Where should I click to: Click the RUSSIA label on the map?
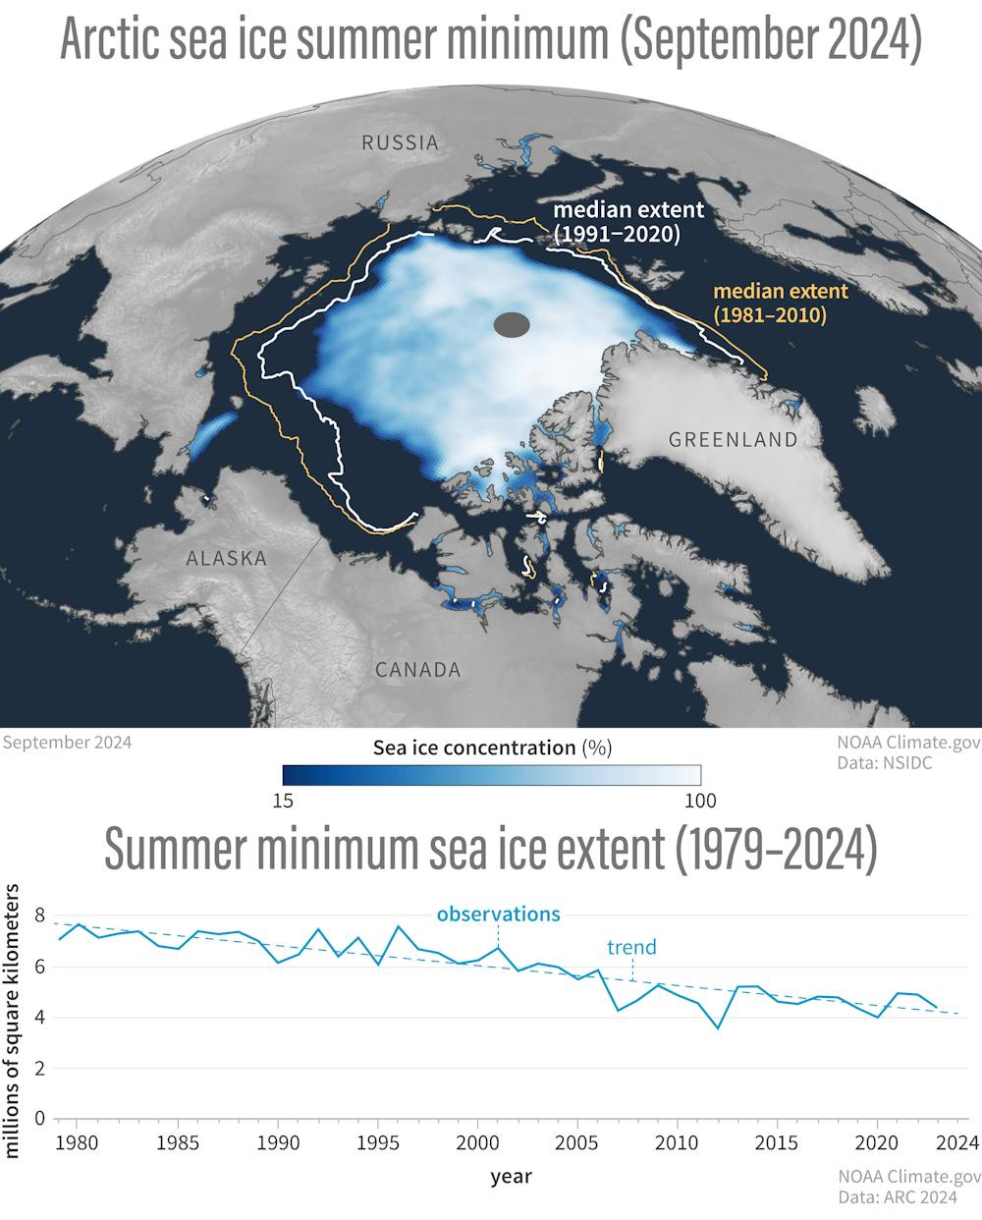[400, 142]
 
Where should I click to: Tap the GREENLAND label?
[733, 440]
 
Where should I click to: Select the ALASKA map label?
[227, 559]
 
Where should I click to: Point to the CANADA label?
[417, 670]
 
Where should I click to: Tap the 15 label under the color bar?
[283, 800]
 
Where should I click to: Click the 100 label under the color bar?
[700, 800]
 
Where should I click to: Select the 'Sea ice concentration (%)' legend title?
[492, 748]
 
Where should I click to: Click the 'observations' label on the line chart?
[498, 914]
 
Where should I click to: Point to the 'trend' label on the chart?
[631, 948]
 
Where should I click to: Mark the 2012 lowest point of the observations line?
[718, 1027]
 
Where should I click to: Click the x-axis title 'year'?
[511, 1175]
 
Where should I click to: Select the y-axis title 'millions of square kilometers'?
[14, 1020]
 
